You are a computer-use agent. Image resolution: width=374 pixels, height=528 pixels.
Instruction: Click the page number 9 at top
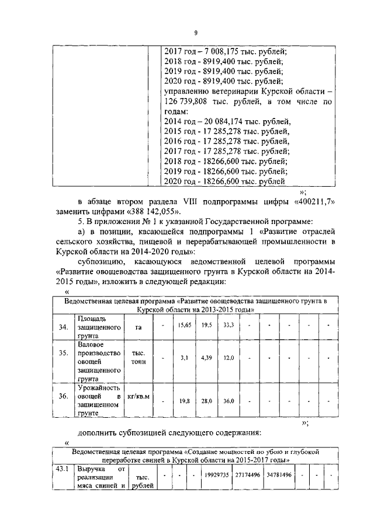coord(196,33)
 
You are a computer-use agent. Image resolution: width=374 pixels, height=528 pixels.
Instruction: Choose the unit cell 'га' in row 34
coord(138,327)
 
